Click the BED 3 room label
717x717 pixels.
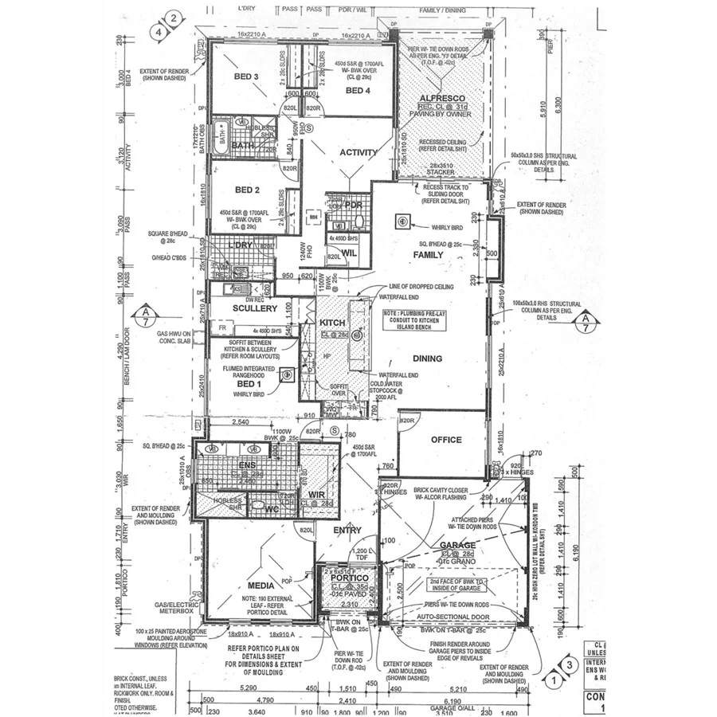click(x=246, y=76)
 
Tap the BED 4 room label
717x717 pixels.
click(x=358, y=91)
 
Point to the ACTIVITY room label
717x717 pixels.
click(x=358, y=152)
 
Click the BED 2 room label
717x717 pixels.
click(x=248, y=190)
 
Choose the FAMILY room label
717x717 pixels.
click(x=428, y=254)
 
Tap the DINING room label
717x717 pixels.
click(x=427, y=358)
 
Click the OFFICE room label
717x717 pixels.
click(x=446, y=440)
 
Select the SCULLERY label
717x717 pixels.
click(x=255, y=308)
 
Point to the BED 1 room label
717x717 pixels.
click(x=249, y=384)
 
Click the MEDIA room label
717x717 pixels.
click(x=261, y=586)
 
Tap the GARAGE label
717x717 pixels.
click(x=457, y=546)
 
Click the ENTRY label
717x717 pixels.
click(x=347, y=530)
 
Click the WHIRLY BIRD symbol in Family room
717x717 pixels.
click(x=403, y=221)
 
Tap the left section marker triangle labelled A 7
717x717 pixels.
click(x=146, y=316)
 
